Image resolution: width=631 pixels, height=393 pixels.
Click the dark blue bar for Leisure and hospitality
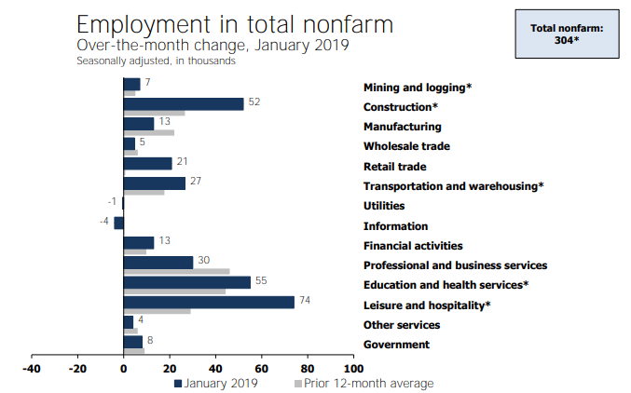pos(209,302)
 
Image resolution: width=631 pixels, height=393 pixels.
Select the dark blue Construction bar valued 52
pos(184,103)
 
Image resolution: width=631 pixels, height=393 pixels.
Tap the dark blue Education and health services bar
pos(187,282)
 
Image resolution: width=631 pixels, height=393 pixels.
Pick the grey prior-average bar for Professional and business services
pos(177,272)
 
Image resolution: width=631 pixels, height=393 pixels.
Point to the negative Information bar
pos(119,223)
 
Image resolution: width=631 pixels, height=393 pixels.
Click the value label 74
pos(304,300)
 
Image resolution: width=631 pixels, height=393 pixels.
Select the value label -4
pos(105,221)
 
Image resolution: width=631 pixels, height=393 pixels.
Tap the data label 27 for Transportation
pos(196,181)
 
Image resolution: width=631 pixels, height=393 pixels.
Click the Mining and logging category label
pos(418,87)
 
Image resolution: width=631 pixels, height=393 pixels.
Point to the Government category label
pos(396,345)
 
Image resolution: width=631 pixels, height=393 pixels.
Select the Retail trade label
pos(394,167)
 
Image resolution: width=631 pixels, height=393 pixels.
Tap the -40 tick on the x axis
pos(32,368)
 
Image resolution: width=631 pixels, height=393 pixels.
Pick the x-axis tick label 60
pos(262,368)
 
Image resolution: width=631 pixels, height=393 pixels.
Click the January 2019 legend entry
pos(217,383)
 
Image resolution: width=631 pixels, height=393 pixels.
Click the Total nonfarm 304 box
pos(567,34)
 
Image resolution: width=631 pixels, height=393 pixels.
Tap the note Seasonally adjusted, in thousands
pos(156,61)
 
